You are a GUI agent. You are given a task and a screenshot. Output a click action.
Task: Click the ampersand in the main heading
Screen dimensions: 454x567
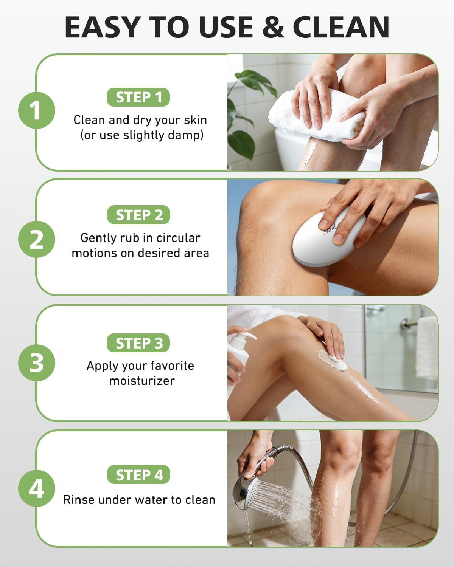273,27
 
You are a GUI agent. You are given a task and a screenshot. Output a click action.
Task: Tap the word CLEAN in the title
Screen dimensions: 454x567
341,27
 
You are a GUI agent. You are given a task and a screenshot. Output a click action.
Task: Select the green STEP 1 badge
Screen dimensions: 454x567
138,97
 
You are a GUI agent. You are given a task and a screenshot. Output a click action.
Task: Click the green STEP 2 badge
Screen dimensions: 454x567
138,215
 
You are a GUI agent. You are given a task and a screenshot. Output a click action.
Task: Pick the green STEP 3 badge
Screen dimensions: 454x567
138,343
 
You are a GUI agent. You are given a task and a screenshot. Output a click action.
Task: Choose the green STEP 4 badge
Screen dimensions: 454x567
138,474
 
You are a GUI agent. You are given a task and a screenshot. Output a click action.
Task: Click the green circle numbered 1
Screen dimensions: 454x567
37,110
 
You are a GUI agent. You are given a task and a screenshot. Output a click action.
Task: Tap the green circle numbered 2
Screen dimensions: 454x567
37,239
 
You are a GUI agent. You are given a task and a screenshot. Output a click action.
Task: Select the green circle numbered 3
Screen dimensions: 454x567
37,363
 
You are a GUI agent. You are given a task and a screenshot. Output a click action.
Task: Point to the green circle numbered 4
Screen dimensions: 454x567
37,488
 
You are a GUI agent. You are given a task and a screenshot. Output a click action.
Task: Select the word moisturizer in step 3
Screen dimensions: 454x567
142,381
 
